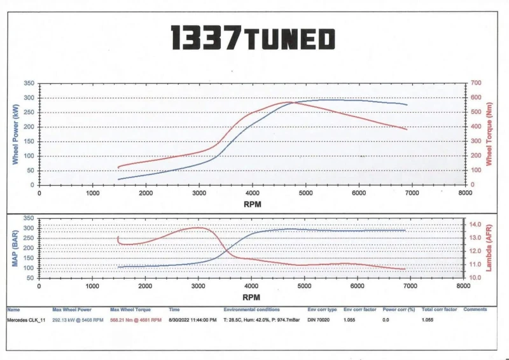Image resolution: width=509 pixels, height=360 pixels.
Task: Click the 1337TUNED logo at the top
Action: tap(252, 39)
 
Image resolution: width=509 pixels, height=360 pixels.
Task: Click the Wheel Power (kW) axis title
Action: tap(15, 134)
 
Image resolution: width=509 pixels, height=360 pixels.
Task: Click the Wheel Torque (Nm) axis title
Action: tap(489, 134)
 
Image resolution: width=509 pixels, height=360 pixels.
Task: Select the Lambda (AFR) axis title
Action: tap(489, 247)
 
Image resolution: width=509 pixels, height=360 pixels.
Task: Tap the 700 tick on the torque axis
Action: tap(476, 83)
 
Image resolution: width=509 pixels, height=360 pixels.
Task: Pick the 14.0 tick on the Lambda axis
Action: tap(476, 225)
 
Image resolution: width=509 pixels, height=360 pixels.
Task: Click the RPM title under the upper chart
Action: tap(252, 204)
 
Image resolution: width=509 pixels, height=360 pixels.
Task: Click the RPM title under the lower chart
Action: tap(252, 296)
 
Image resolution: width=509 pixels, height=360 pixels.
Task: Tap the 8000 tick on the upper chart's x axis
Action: tap(464, 193)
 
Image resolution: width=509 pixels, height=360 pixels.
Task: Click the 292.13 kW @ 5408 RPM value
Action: tap(76, 319)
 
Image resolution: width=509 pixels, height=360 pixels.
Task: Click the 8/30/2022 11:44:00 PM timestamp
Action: tap(193, 319)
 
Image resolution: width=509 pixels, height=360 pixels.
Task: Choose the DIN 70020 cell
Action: tap(318, 319)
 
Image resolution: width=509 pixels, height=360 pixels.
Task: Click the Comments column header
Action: tap(475, 310)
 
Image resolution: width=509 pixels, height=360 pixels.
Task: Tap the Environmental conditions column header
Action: tap(251, 310)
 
